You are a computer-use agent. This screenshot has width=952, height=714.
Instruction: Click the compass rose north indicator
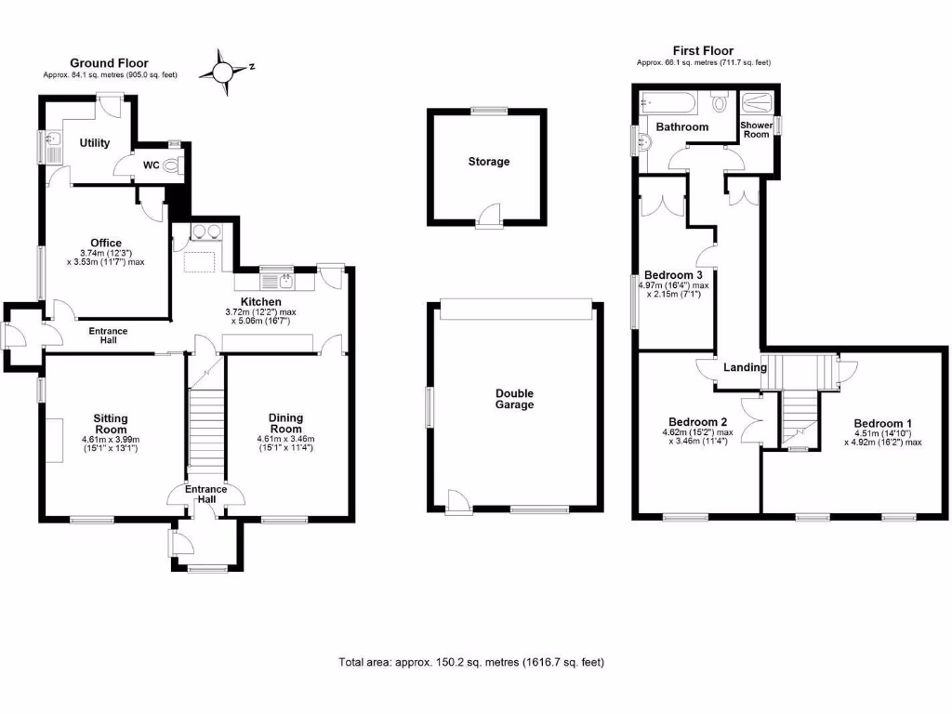click(225, 70)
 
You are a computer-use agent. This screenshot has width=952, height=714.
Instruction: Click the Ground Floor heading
click(109, 63)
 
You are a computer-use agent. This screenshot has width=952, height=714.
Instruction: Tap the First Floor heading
click(703, 51)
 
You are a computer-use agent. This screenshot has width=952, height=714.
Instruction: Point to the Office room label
click(106, 243)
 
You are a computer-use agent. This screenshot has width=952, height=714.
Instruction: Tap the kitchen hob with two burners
click(205, 233)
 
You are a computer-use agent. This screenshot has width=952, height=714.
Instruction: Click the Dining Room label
click(285, 424)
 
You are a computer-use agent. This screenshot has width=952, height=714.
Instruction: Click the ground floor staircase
click(206, 428)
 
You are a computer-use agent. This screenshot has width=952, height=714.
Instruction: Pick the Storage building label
click(488, 162)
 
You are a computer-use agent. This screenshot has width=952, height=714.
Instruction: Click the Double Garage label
click(513, 399)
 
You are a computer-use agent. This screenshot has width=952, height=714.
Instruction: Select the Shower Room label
click(755, 129)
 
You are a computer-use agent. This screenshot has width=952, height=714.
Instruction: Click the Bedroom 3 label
click(673, 275)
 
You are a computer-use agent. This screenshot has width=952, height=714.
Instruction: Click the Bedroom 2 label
click(698, 418)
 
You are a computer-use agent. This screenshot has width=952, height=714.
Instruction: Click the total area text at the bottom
click(471, 663)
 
